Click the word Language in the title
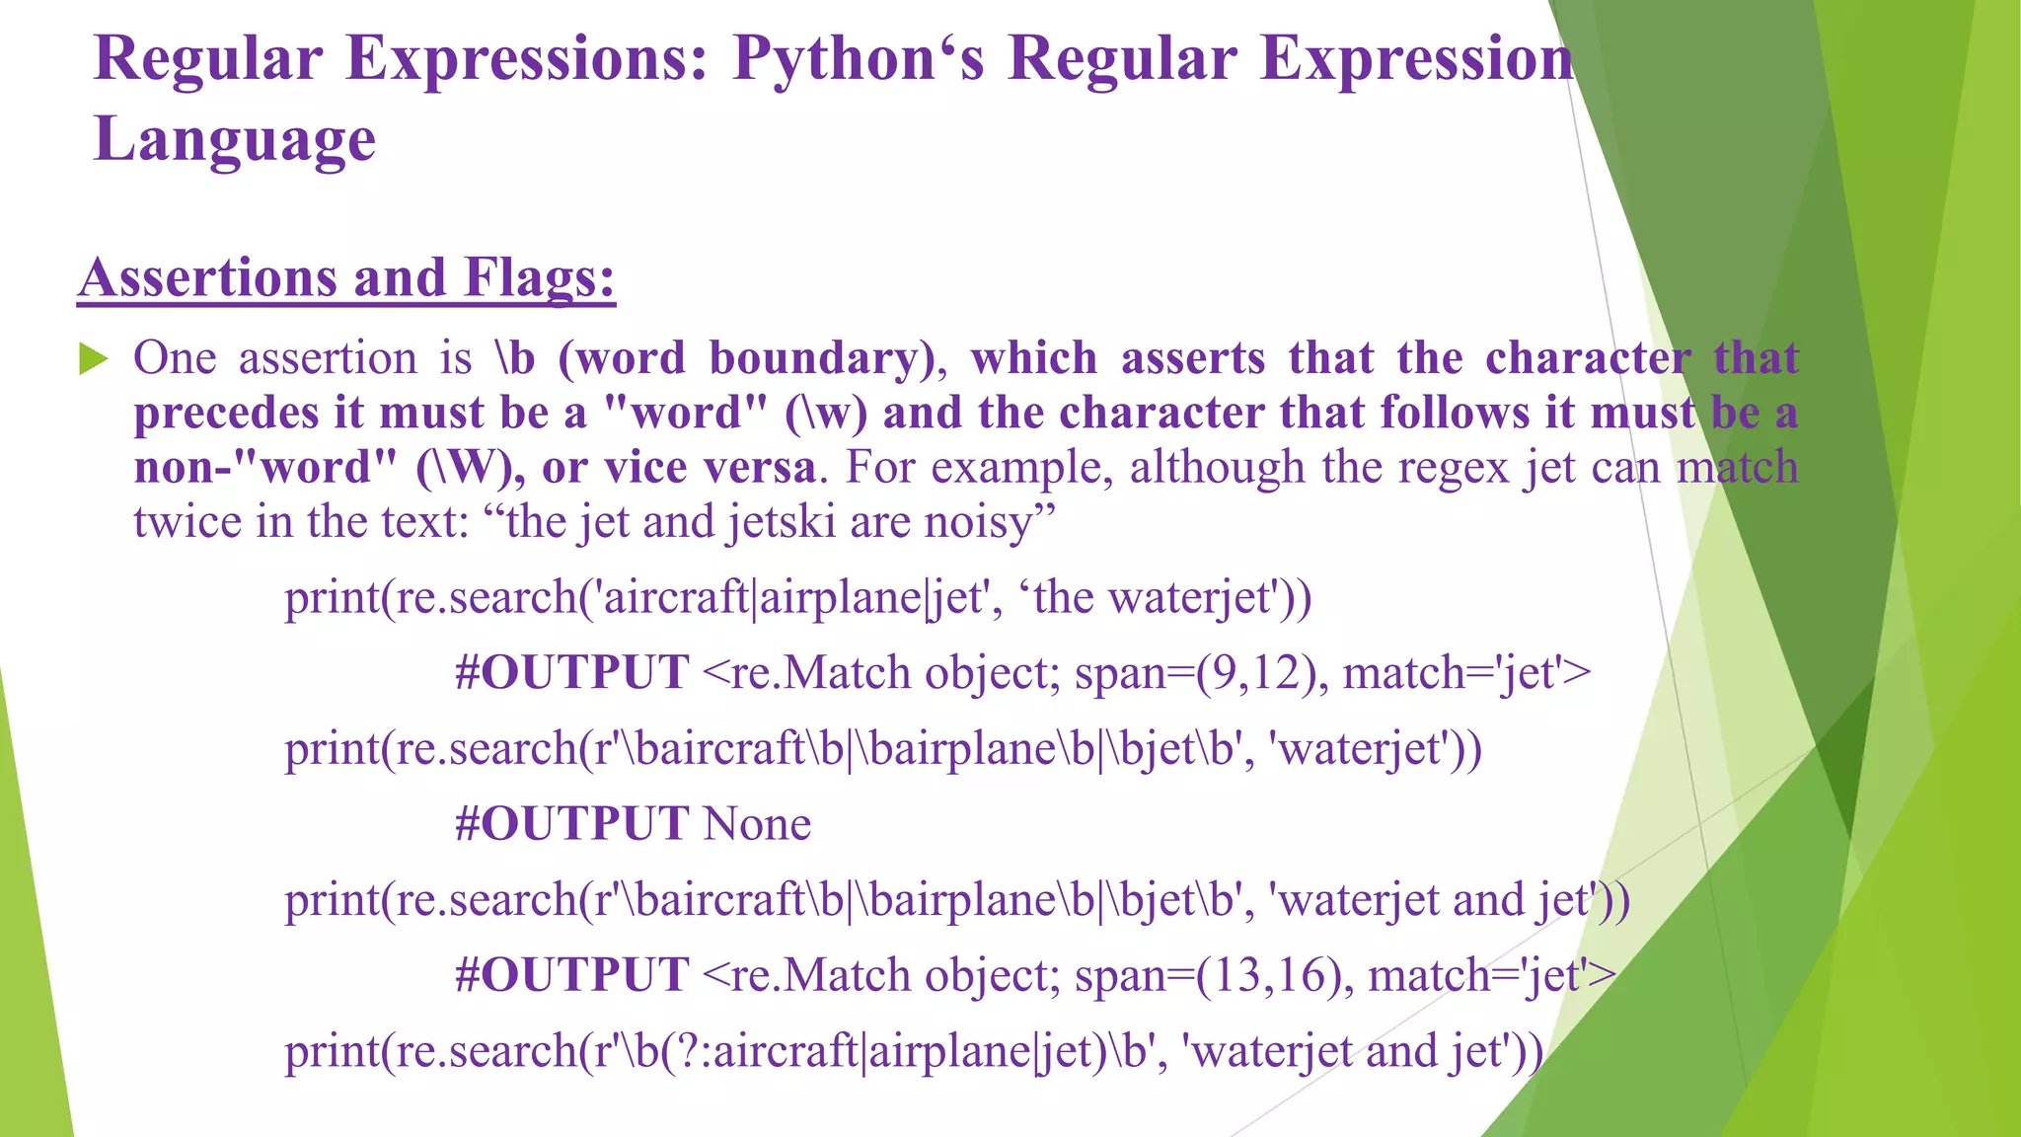pos(235,139)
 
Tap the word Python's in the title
pos(858,59)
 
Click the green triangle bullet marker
pos(93,359)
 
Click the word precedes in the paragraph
pos(226,414)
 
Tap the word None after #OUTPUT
pos(757,824)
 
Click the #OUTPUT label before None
pos(571,824)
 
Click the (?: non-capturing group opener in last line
pos(685,1051)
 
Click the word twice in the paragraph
pos(187,522)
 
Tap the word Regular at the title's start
pos(208,59)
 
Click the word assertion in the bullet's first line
pos(328,358)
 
